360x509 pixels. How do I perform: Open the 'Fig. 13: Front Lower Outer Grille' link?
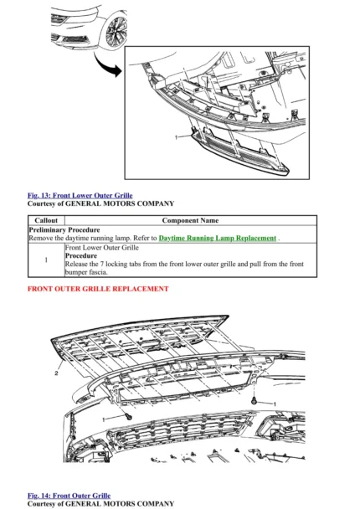80,196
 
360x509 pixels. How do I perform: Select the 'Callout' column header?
45,220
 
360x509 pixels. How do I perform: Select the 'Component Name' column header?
190,220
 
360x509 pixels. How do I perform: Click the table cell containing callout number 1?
45,260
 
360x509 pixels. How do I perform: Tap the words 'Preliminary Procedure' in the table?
64,229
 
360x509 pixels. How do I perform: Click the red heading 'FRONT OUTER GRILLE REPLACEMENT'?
98,289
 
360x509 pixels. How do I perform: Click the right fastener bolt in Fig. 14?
252,403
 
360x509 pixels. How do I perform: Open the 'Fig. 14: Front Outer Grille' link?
69,496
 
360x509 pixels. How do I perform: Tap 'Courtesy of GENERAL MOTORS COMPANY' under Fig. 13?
100,203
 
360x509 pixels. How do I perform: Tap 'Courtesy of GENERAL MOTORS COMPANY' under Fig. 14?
100,504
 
